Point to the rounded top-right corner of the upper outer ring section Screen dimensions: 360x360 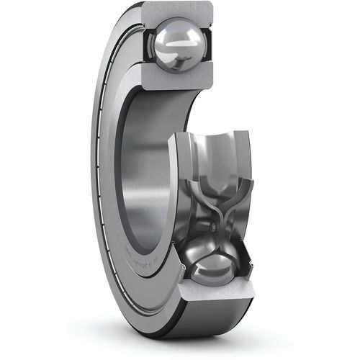(215, 9)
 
